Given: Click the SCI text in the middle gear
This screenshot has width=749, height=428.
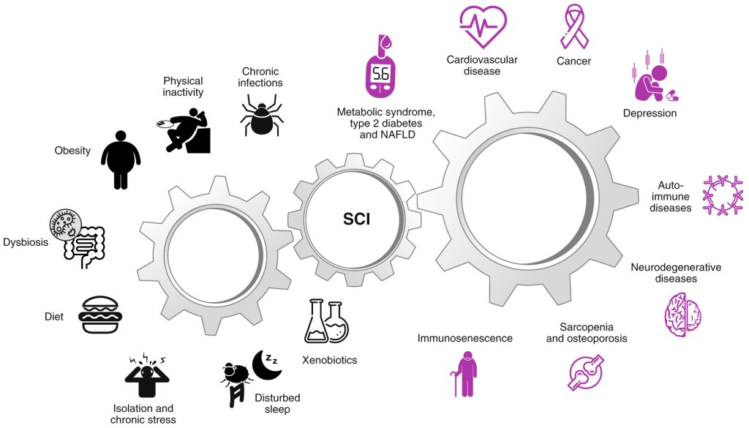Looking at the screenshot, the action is point(356,219).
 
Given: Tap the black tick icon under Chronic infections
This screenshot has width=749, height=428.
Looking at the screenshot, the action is point(261,115).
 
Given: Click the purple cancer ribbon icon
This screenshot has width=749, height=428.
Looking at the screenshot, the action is point(574,26).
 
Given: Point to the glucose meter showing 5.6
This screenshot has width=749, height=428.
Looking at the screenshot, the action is point(380,67).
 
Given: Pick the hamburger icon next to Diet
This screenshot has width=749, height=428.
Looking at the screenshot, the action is point(100,315).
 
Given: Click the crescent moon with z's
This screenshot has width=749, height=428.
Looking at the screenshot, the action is point(267,365).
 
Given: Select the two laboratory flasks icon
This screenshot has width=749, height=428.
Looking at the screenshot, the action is point(327,321).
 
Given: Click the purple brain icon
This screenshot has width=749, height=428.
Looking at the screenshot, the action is point(683,315).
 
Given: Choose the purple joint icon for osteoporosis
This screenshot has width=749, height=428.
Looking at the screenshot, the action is point(586,372).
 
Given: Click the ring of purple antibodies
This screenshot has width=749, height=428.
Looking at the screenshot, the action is point(723,195).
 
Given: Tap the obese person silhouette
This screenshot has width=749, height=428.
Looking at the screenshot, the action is point(121,160).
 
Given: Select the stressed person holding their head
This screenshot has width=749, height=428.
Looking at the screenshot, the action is point(147,377).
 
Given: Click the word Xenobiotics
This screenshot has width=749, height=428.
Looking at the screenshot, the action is point(330,360).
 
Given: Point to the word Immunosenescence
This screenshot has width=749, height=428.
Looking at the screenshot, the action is point(464,338).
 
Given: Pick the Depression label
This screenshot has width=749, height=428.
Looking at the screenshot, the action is point(650,113).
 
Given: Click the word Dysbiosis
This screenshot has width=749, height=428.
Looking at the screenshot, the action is point(26,242).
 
